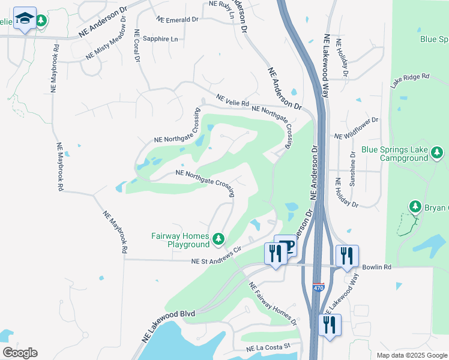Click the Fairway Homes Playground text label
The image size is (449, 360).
179,240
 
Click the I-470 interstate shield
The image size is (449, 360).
318,288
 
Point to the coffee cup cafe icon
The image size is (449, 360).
286,246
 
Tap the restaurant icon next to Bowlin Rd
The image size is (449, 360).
346,256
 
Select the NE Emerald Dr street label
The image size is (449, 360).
177,19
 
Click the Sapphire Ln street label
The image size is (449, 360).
161,39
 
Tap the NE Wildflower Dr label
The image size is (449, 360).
357,128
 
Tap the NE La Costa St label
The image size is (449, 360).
268,347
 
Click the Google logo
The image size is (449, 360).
19,353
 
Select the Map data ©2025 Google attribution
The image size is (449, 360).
411,355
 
